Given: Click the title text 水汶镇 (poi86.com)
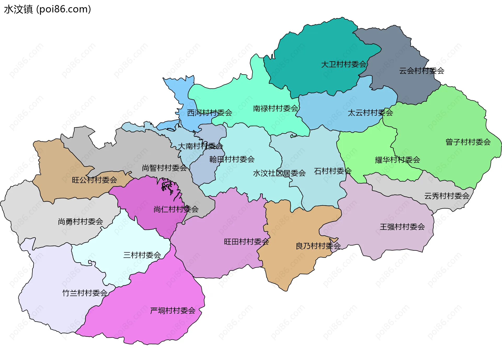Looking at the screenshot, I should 48,9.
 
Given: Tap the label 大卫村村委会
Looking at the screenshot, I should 344,64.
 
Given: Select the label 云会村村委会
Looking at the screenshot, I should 421,71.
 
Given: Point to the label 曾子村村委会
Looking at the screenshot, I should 468,142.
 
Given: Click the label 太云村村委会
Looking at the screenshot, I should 370,113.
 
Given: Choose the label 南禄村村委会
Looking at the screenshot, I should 276,108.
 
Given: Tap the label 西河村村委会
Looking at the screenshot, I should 210,113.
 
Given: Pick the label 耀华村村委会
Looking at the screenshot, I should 397,160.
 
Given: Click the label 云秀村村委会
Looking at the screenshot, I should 447,196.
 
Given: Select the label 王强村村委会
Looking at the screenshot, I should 402,227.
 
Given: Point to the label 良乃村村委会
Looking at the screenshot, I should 318,246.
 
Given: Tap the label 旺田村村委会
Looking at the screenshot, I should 246,242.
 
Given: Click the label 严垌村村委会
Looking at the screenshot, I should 173,311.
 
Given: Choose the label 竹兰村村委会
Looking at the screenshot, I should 85,293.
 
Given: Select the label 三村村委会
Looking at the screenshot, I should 142,255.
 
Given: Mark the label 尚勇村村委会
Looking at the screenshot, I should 81,222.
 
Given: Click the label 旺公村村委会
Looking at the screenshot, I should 94,180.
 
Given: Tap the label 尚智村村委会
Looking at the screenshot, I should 164,168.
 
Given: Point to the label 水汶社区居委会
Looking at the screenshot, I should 279,173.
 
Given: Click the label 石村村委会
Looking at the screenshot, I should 333,171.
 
